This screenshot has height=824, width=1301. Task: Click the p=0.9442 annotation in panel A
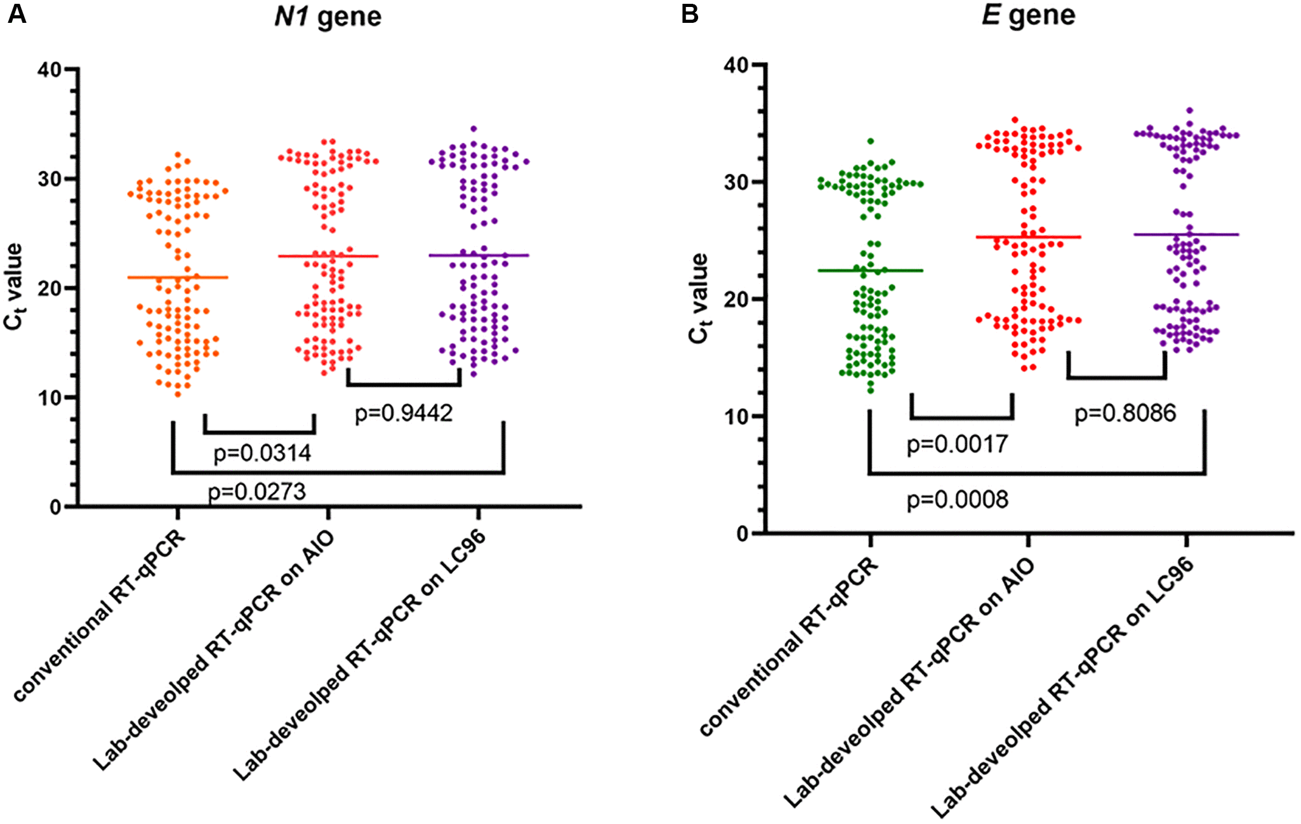[x=404, y=413]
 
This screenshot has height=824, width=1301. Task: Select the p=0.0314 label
[x=262, y=453]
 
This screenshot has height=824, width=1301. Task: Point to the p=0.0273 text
[x=257, y=491]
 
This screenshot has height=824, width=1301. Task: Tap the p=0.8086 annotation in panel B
[x=1125, y=413]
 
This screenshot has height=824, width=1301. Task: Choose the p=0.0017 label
[x=957, y=444]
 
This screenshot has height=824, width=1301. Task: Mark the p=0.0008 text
[x=957, y=500]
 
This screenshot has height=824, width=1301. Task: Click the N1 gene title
[x=327, y=17]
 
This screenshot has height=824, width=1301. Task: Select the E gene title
[x=1028, y=15]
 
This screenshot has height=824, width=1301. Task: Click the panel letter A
[x=17, y=14]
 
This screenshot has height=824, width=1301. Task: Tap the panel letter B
[x=689, y=14]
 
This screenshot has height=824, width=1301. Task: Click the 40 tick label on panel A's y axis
[x=49, y=69]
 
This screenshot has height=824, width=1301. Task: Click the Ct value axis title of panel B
[x=699, y=298]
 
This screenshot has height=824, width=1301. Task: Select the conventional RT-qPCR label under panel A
[x=100, y=616]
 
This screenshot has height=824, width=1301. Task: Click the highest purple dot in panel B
[x=1189, y=110]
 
